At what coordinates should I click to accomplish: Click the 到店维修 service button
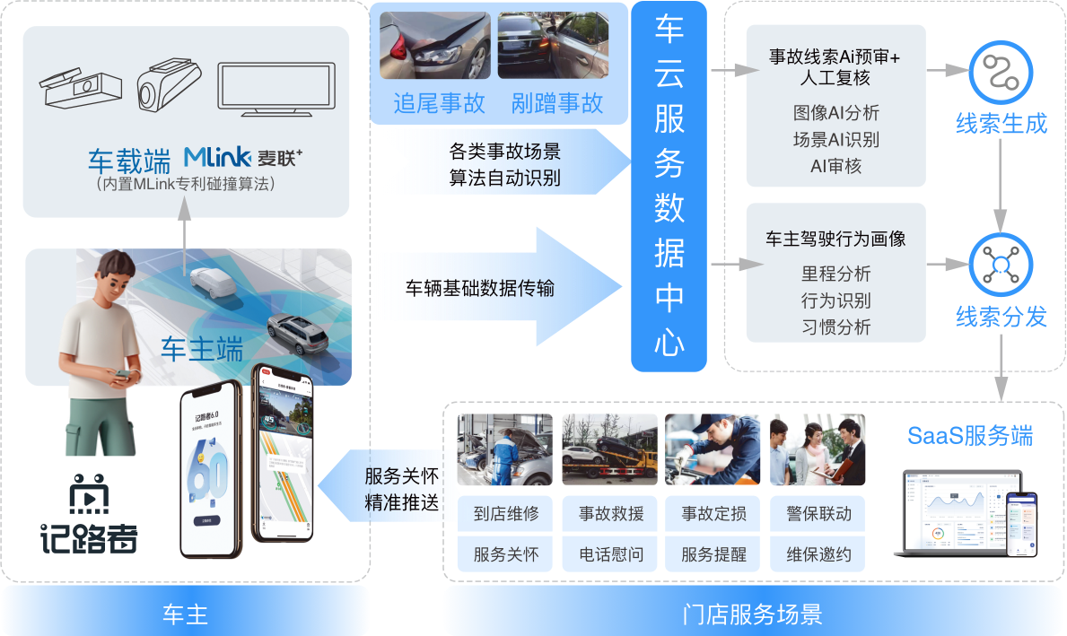[506, 514]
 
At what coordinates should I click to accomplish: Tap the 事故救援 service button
[610, 514]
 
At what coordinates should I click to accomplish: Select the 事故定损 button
[713, 514]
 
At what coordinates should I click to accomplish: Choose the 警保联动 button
[818, 514]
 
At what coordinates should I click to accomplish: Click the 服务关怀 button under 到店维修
[506, 554]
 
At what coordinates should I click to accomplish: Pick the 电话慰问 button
[610, 554]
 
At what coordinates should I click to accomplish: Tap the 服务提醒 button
[713, 554]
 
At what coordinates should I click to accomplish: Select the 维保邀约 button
[818, 554]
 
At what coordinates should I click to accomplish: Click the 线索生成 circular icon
[1001, 73]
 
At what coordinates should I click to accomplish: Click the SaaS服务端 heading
[969, 436]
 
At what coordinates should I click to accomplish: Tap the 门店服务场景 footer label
[752, 614]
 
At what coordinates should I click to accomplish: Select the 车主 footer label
[185, 614]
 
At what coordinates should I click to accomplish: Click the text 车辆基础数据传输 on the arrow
[479, 288]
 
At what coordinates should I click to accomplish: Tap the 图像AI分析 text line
[835, 113]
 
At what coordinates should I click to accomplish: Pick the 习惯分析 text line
[835, 327]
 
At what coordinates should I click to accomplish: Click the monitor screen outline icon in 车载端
[277, 87]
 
